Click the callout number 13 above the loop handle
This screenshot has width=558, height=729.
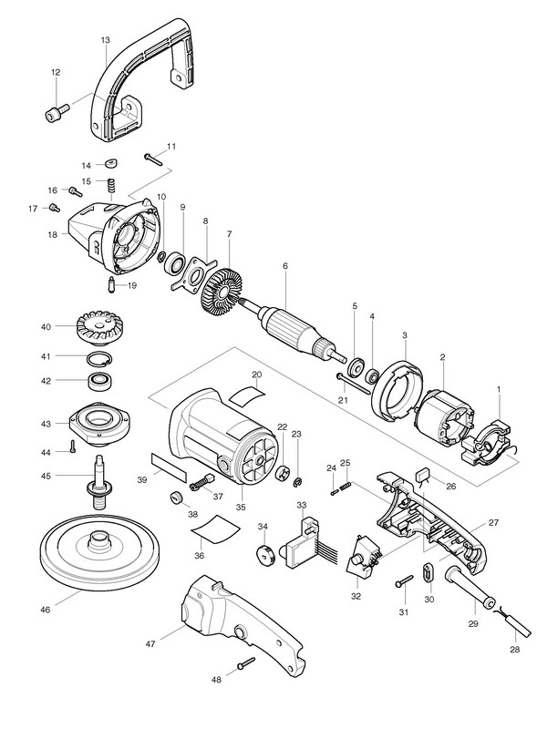point(106,41)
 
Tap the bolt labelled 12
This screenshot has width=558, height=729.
point(54,113)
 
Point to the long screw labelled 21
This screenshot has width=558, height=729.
point(356,379)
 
